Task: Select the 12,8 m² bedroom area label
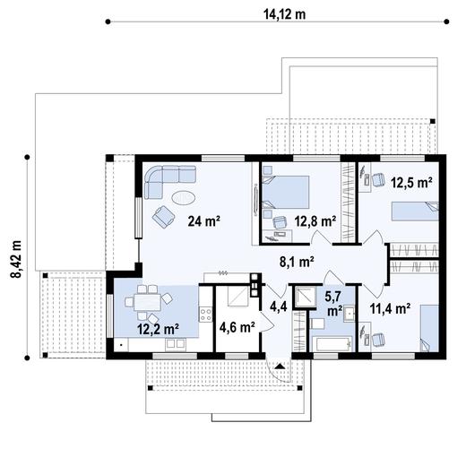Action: click(x=315, y=220)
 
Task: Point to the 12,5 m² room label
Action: click(x=411, y=182)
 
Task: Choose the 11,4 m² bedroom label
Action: click(x=389, y=310)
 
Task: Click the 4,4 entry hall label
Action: click(x=278, y=307)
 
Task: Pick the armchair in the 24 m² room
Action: click(x=164, y=216)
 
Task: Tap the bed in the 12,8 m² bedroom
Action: click(x=288, y=191)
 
